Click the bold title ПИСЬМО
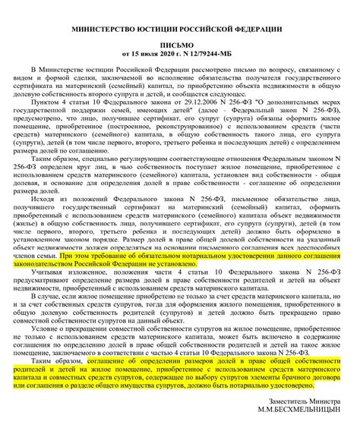(x=179, y=46)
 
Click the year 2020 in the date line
(x=169, y=55)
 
